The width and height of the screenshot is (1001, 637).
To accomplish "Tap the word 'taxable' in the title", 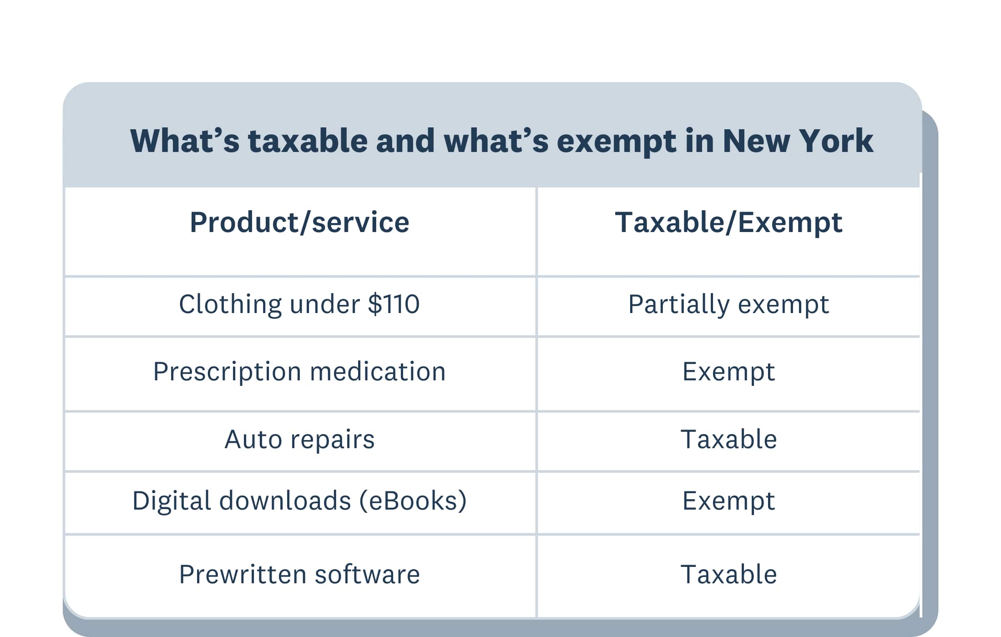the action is (x=308, y=141).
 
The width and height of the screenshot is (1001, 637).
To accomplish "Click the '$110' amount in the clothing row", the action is (x=394, y=304).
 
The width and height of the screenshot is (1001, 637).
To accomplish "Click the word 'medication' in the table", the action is (x=378, y=372).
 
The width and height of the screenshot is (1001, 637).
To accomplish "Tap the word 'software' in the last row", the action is (x=367, y=574).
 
